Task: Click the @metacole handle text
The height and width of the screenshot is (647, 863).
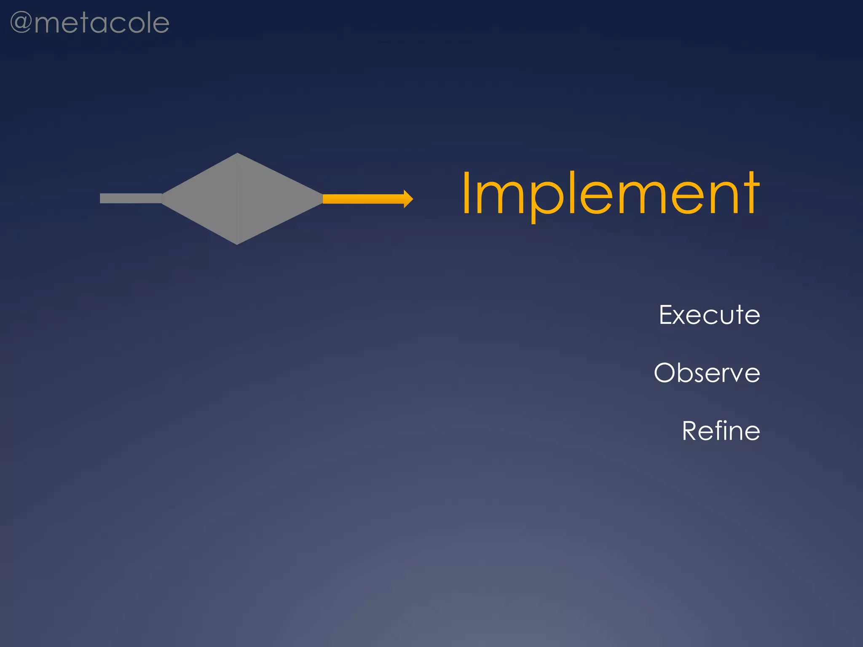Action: [90, 23]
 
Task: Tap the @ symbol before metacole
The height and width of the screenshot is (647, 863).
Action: [21, 23]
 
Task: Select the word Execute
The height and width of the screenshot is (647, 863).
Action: [709, 315]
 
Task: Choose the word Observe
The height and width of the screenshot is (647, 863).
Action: [707, 373]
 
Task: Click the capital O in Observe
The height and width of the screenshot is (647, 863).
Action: [666, 373]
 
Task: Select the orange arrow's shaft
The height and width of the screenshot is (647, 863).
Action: [362, 199]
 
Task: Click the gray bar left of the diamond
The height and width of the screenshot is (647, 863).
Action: [131, 198]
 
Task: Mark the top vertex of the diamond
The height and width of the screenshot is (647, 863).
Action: [237, 154]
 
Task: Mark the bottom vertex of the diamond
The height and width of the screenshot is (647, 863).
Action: [237, 243]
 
